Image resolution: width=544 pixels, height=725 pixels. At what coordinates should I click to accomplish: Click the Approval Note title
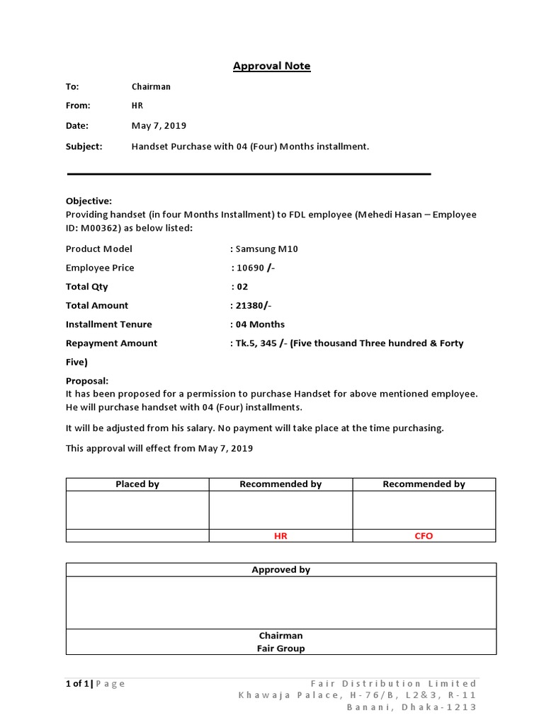coord(272,66)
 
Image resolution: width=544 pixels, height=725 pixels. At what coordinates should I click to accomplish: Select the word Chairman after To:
coord(151,86)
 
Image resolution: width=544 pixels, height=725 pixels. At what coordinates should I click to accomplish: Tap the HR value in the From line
coord(137,105)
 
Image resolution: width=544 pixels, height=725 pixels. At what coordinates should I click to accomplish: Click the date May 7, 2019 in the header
coord(159,125)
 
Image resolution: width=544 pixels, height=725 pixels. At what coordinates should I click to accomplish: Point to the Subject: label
coord(84,146)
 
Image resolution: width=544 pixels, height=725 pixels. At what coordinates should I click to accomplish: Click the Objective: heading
coord(89,201)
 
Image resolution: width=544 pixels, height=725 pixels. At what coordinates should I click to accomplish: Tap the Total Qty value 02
coord(242,287)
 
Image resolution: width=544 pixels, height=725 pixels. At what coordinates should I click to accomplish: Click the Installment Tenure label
coord(108,324)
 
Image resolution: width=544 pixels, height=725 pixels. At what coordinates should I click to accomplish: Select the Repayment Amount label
coord(111,343)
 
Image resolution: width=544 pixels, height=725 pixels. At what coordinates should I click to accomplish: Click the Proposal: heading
coord(87,380)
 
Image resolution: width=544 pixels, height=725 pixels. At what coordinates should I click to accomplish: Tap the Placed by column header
coord(137,484)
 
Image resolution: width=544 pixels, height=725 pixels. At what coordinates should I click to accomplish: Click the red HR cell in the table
coord(280,536)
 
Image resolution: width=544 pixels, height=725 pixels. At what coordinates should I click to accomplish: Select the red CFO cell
coord(424,536)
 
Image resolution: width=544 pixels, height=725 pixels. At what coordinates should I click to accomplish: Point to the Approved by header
coord(280,570)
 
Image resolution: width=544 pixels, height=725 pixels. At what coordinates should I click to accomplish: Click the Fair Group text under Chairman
coord(281,648)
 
